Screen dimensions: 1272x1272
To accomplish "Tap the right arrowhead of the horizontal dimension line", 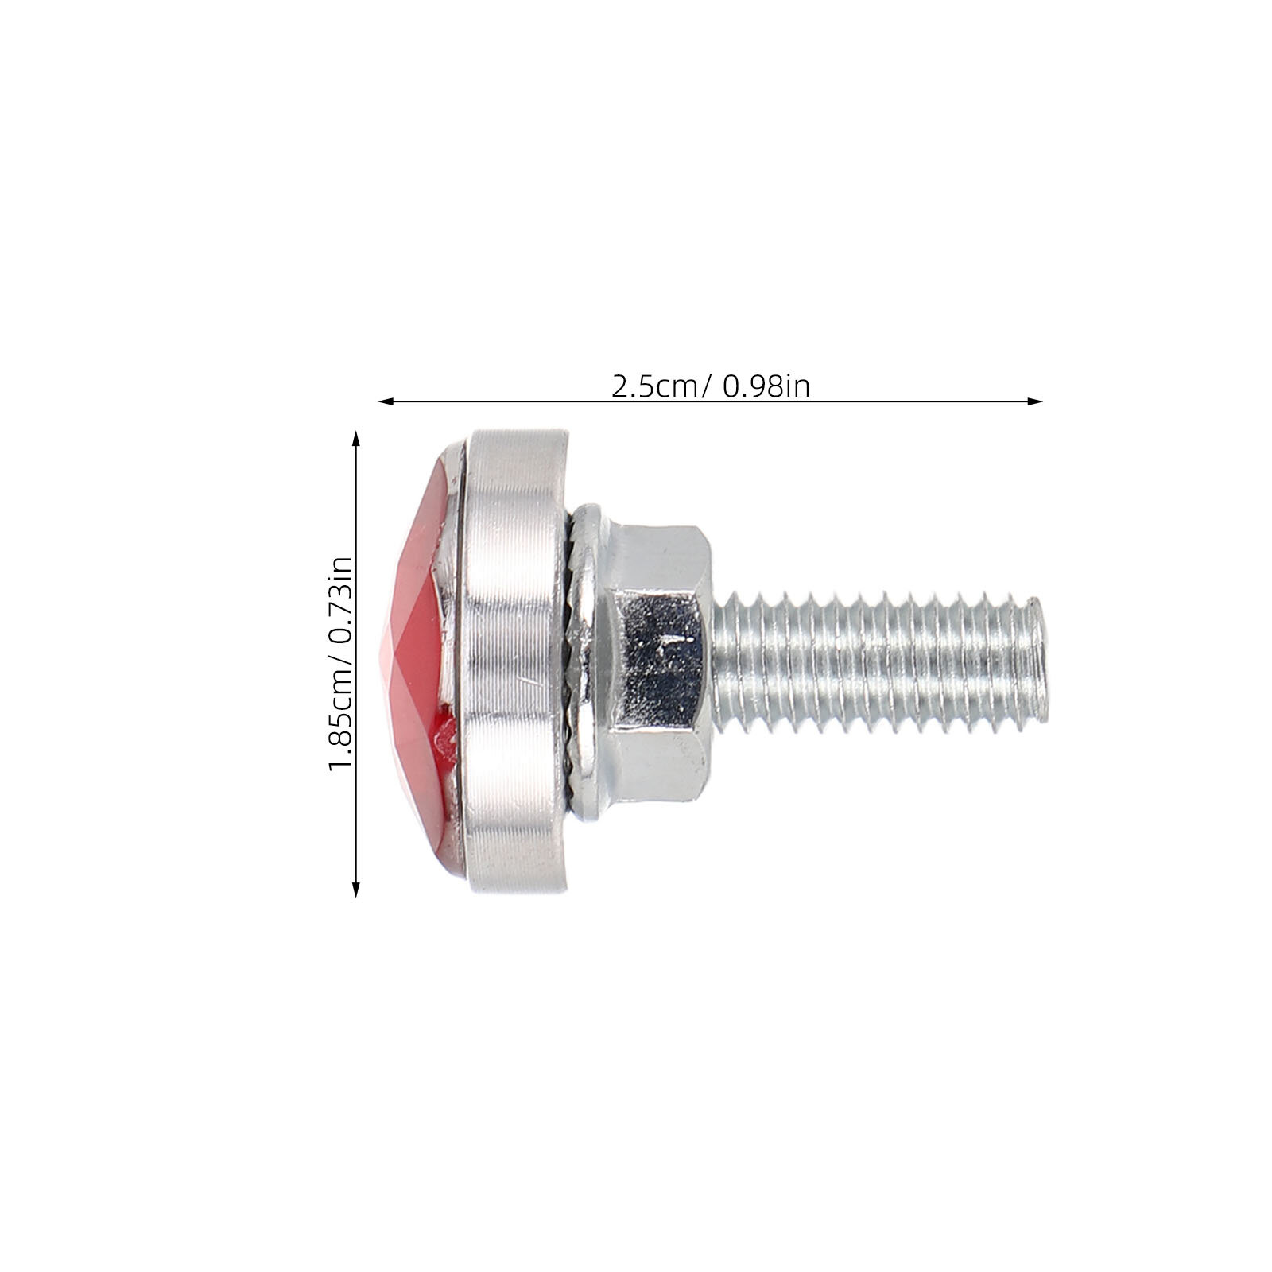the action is pyautogui.click(x=1034, y=401).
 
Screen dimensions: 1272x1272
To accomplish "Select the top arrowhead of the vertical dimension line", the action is pyautogui.click(x=355, y=439).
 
